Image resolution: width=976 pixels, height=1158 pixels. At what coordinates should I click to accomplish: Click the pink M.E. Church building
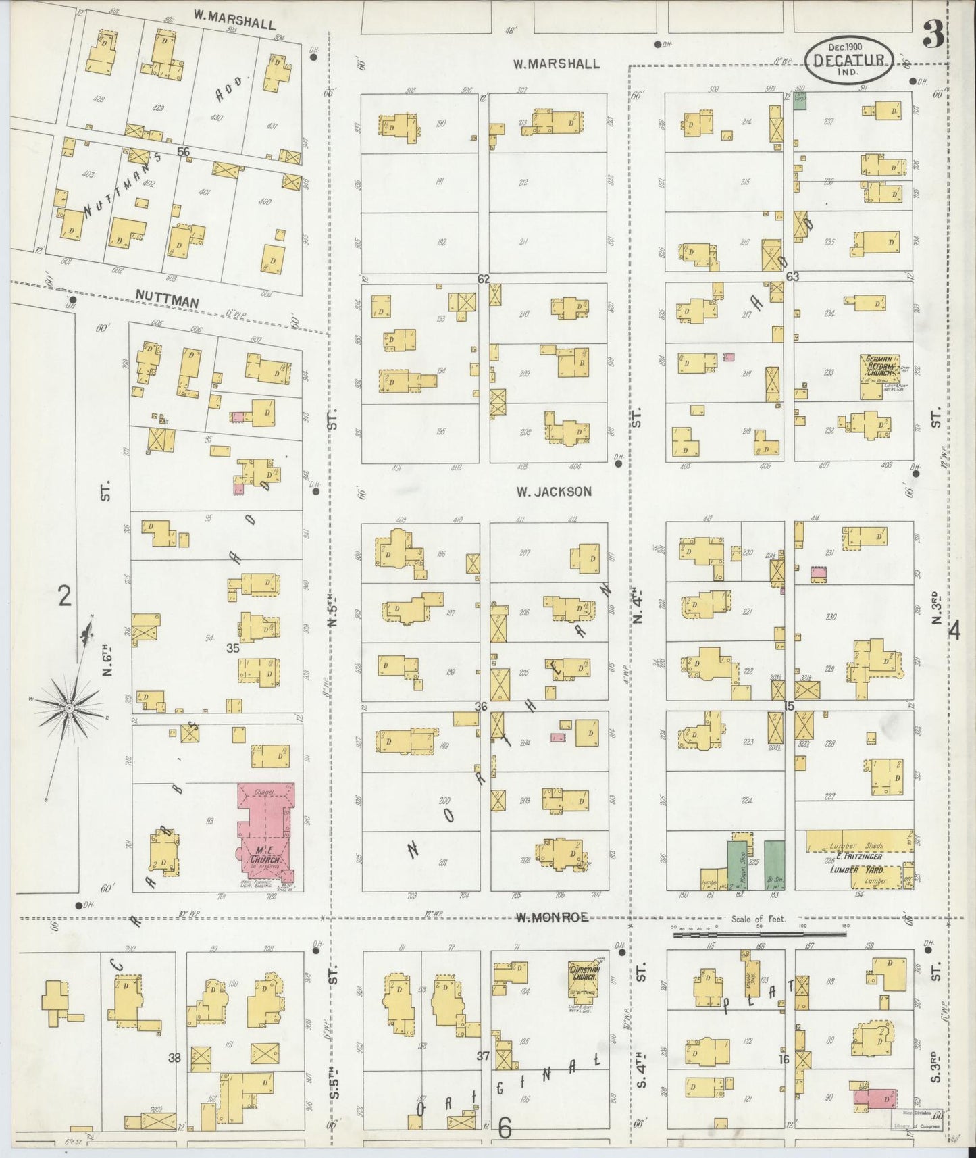click(265, 835)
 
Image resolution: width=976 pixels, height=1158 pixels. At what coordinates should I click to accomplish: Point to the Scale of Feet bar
click(759, 934)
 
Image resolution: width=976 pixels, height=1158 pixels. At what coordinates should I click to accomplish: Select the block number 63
click(792, 276)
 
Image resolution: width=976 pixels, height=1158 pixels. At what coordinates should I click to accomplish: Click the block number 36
click(480, 707)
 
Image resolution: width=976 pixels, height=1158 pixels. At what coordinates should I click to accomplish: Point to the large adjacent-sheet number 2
click(64, 597)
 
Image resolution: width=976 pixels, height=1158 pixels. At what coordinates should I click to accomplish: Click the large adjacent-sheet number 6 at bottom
click(505, 1126)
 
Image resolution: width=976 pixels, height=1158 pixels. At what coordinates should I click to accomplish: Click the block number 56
click(183, 152)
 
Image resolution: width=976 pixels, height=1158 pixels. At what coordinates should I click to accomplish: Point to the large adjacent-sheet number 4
click(954, 630)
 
